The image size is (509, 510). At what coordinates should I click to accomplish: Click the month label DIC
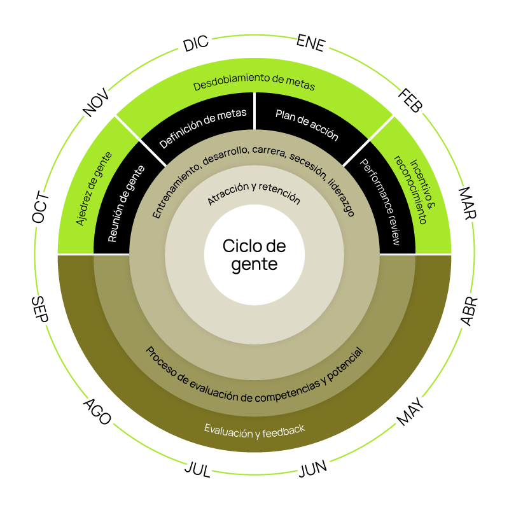(196, 44)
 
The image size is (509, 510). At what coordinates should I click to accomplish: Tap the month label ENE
(311, 43)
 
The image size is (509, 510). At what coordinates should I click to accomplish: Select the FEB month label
(409, 101)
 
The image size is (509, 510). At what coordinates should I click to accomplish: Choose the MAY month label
(410, 411)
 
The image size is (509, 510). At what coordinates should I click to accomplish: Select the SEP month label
(40, 309)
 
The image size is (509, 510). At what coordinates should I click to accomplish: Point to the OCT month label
(41, 207)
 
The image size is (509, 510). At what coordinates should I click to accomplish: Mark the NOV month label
(97, 104)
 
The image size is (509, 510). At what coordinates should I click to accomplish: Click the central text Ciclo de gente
(254, 255)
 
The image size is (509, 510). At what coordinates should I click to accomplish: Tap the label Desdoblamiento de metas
(254, 84)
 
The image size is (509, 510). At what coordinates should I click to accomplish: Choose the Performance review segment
(380, 202)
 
